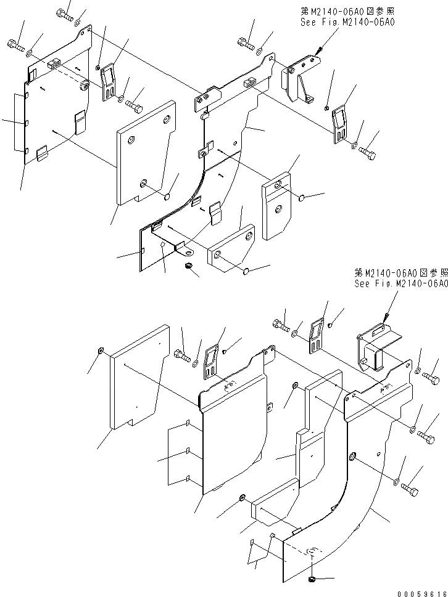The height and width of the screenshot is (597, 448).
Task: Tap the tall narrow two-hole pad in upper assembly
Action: (276, 205)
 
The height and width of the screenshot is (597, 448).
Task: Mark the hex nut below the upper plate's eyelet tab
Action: (189, 266)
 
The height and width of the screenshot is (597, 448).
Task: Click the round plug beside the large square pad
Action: (166, 197)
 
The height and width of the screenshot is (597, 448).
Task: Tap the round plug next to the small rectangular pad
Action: (246, 271)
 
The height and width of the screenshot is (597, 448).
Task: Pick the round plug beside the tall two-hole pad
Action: (301, 198)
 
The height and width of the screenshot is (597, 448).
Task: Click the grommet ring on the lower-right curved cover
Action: (352, 457)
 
